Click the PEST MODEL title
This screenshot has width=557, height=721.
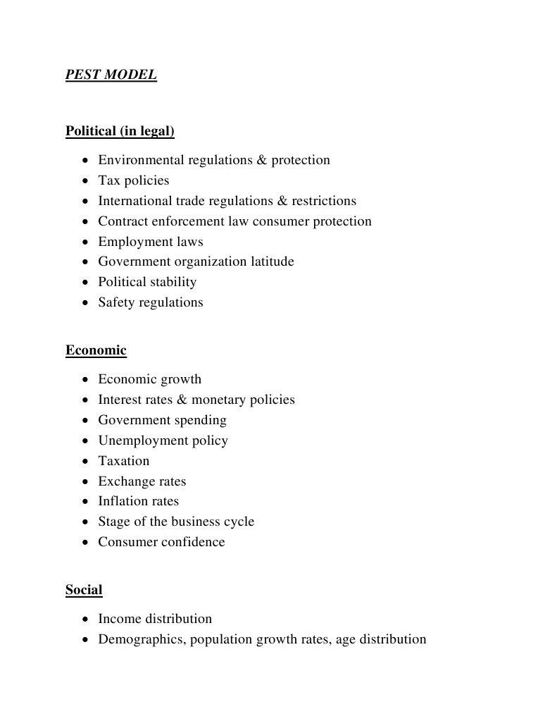(x=111, y=75)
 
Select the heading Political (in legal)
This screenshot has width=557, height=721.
(x=120, y=131)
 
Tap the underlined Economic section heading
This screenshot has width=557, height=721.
(x=96, y=350)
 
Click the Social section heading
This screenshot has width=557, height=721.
(x=84, y=590)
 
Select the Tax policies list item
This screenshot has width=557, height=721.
(x=133, y=180)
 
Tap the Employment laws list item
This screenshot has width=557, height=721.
(x=150, y=242)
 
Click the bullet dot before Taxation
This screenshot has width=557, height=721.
(x=85, y=462)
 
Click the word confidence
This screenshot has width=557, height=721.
(x=192, y=542)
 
